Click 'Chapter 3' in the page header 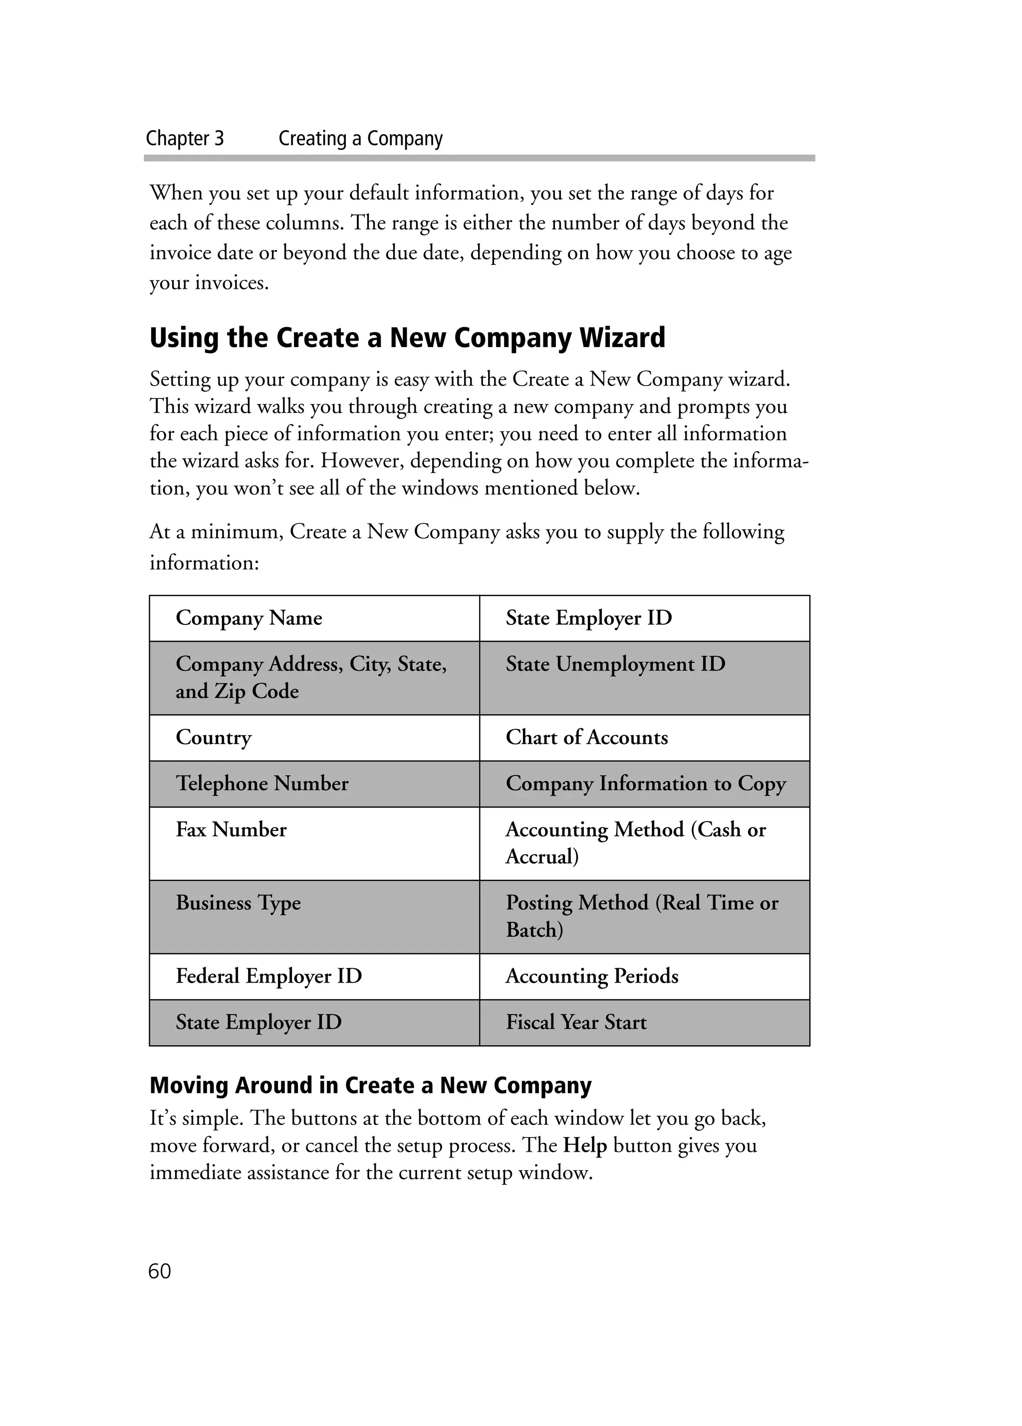click(x=184, y=138)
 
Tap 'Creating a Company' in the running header click(x=360, y=138)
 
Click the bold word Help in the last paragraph click(x=584, y=1145)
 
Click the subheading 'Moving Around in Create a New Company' click(x=370, y=1085)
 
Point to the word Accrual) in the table click(x=541, y=856)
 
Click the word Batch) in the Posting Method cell click(x=534, y=930)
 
